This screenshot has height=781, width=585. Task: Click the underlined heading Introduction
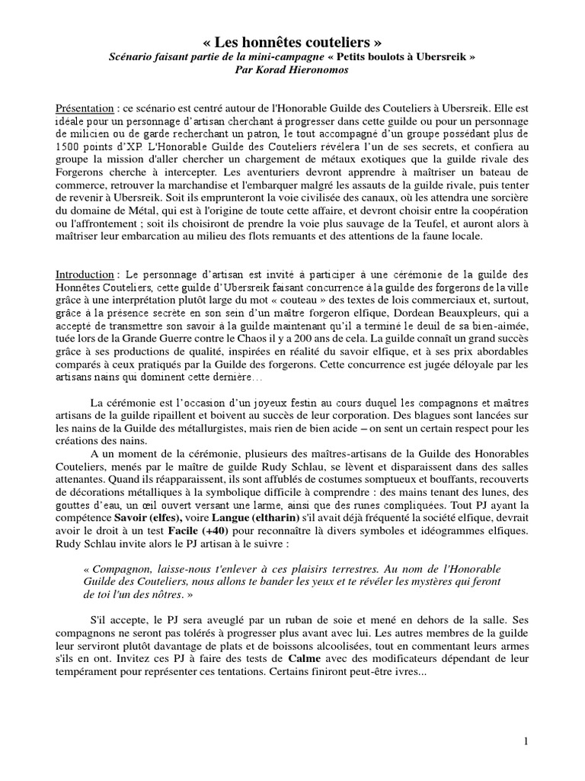point(85,274)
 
